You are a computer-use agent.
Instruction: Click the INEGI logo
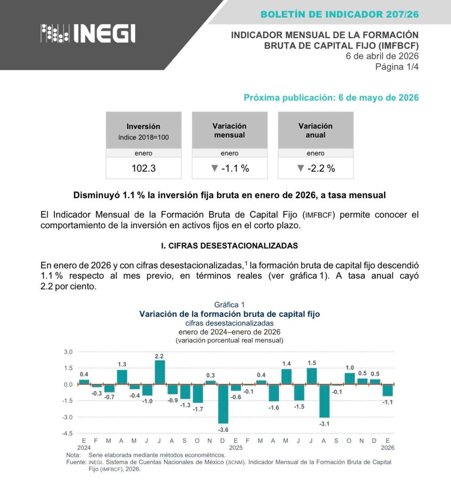(x=88, y=34)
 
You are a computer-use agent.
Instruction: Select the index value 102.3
(x=143, y=168)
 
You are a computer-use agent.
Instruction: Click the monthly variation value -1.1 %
(x=230, y=168)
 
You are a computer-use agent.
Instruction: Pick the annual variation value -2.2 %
(x=316, y=168)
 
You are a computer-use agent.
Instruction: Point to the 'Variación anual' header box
(x=315, y=130)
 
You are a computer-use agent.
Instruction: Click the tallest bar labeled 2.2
(x=160, y=372)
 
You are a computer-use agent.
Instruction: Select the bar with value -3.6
(x=223, y=404)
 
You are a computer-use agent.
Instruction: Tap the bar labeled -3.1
(x=324, y=401)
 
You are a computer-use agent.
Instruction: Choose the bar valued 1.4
(x=286, y=376)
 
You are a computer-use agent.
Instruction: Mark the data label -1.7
(x=198, y=409)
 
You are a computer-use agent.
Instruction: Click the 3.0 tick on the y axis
(x=68, y=352)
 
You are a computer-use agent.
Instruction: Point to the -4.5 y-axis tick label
(x=67, y=433)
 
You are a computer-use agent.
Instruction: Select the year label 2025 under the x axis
(x=236, y=448)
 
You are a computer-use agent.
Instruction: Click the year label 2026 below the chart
(x=387, y=448)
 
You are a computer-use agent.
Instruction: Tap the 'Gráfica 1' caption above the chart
(x=229, y=305)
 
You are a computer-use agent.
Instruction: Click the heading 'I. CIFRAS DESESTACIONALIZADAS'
(x=229, y=246)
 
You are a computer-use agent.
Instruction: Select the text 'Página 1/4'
(x=397, y=67)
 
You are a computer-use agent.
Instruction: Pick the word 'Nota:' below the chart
(x=73, y=455)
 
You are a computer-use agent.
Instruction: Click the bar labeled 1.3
(x=122, y=377)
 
